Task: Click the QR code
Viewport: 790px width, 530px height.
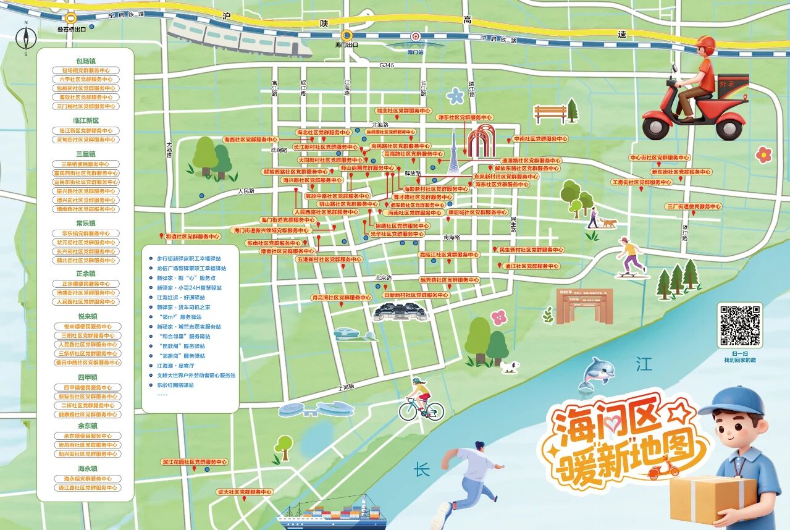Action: click(739, 325)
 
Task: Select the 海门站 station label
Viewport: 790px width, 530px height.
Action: click(416, 53)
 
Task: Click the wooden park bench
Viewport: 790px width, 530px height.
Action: click(550, 114)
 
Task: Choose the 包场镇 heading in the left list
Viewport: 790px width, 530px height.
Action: click(86, 61)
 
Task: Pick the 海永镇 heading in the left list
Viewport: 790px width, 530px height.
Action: click(86, 469)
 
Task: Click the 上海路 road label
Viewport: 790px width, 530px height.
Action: click(347, 387)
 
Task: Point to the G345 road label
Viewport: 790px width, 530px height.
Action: click(387, 65)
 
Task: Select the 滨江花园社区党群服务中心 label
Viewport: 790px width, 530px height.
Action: click(194, 461)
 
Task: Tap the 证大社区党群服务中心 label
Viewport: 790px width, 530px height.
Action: click(245, 492)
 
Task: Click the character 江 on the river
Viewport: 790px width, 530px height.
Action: click(644, 364)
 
